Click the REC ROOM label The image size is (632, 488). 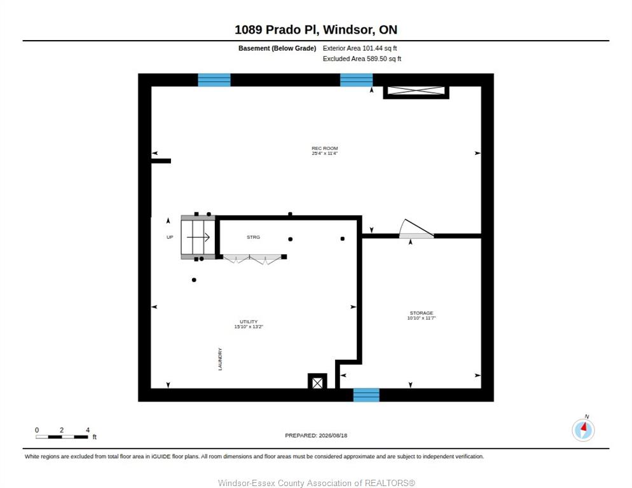(324, 148)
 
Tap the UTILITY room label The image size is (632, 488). (249, 322)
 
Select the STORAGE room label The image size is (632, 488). (422, 313)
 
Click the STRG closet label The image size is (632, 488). (254, 237)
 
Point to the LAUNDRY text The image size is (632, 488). (220, 359)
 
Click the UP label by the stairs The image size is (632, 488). (170, 237)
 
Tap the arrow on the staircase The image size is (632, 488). (198, 238)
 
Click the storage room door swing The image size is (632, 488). (416, 228)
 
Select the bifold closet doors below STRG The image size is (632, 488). (252, 259)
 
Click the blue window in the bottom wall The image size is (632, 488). (366, 395)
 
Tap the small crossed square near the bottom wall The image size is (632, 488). (318, 383)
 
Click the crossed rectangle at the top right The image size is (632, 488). (416, 91)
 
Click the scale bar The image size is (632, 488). (62, 437)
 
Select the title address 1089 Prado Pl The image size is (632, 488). (277, 30)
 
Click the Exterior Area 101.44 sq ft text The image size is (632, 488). (359, 48)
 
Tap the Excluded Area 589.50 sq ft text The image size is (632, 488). (362, 59)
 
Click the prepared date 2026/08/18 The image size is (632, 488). (333, 436)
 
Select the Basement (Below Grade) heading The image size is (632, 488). (277, 48)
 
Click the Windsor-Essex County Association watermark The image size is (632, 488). (317, 483)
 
